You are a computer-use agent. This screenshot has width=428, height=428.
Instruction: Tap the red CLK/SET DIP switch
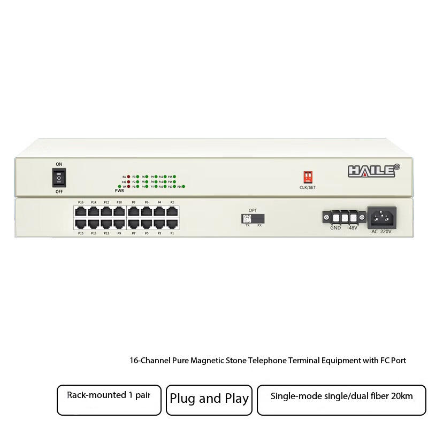point(308,178)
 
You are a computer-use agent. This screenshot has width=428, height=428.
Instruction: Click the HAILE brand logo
point(374,171)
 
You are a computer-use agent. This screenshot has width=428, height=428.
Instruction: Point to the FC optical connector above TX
point(247,219)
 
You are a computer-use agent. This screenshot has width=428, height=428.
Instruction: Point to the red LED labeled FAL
point(129,181)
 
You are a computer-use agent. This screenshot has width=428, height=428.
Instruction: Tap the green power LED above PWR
point(119,187)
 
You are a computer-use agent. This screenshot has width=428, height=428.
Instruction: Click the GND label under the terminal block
point(335,228)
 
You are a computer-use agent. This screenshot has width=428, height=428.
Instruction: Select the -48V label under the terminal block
point(351,228)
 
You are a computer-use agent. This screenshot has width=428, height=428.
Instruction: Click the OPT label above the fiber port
point(253,210)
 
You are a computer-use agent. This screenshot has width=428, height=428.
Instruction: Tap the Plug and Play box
point(209,399)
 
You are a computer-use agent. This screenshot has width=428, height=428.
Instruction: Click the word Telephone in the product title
point(271,361)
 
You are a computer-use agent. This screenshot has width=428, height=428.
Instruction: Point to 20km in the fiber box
point(402,396)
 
